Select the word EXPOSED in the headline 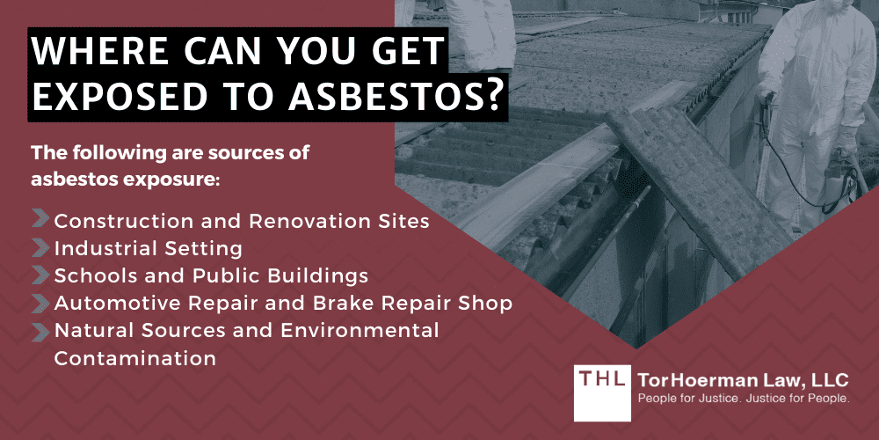coord(115,99)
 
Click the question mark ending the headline coord(495,99)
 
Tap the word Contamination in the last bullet coord(134,358)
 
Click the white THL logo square coord(601,392)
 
